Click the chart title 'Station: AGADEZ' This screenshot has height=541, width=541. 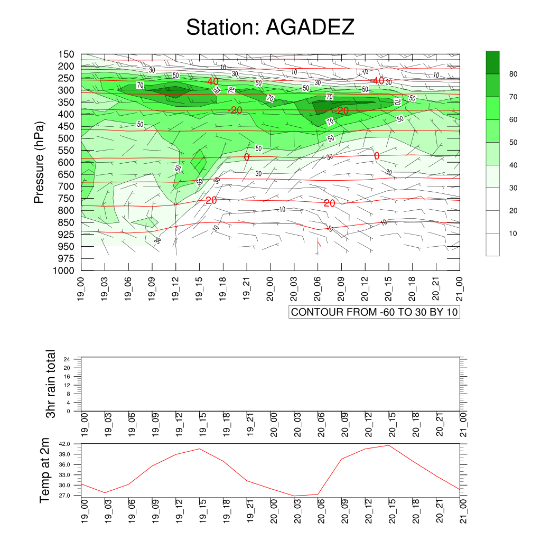270,27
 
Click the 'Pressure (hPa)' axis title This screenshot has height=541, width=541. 39,162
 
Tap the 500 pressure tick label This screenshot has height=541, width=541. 66,138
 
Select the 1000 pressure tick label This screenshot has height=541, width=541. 63,271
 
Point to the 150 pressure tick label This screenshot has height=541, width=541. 66,54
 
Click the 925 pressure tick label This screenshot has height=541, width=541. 66,235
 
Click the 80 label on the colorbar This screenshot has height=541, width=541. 513,74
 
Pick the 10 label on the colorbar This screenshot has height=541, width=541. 513,234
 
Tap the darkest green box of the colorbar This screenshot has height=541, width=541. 493,62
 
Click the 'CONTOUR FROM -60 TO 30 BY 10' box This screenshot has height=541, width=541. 375,312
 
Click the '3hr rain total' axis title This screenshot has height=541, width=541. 51,384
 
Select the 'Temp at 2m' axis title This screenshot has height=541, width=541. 44,471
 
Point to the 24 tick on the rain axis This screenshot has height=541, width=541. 67,359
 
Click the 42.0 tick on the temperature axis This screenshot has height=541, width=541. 64,444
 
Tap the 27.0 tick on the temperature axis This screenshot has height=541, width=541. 64,496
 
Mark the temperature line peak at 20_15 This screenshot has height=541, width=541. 389,445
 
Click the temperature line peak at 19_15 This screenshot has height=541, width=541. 199,449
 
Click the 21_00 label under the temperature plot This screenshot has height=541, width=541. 463,511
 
